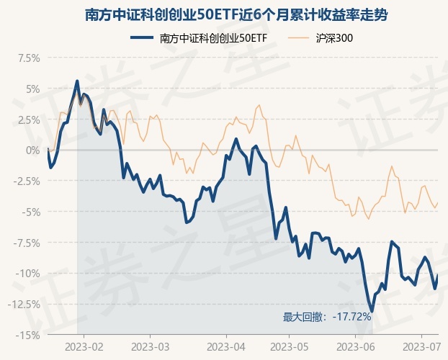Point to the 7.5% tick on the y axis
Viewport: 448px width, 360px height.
coord(27,58)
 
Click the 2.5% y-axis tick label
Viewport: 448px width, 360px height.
coord(27,120)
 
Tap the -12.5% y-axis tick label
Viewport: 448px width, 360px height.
coord(22,304)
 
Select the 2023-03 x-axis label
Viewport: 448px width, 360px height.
coord(150,346)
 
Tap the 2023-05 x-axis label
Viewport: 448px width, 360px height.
coord(289,346)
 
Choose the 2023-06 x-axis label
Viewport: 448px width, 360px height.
coord(359,346)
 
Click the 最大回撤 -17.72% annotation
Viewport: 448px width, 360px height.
coord(327,317)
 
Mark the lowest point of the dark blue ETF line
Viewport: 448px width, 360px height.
coord(372,311)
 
